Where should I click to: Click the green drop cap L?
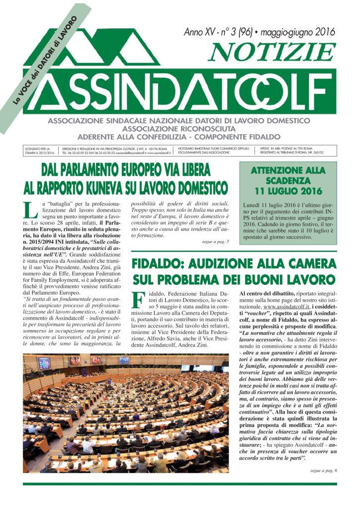click(x=31, y=211)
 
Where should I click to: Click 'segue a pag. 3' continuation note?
click(x=215, y=242)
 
